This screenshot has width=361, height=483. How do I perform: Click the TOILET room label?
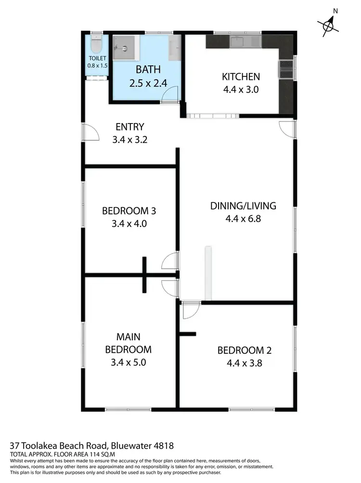[x=97, y=59]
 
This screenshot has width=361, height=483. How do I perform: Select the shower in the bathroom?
[x=124, y=47]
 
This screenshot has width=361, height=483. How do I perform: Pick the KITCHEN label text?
[x=241, y=76]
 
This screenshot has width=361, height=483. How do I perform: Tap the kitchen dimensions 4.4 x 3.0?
[x=241, y=89]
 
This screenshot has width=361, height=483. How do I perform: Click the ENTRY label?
[x=130, y=127]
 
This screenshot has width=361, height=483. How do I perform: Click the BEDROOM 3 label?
[x=129, y=211]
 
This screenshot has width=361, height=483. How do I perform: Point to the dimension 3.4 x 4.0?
[x=129, y=223]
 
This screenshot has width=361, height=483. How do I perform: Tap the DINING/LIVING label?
[x=243, y=206]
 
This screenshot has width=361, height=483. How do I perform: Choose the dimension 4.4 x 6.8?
[x=243, y=219]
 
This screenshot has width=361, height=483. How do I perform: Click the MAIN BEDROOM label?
[x=128, y=343]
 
